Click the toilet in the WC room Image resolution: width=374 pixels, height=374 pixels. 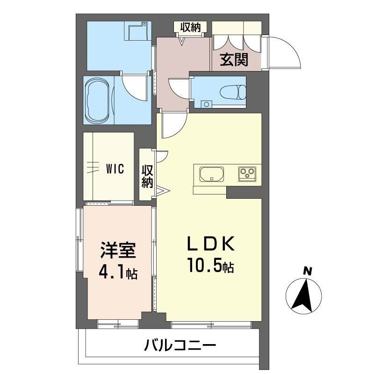point(233,92)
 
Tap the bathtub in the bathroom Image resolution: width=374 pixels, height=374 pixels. point(97,100)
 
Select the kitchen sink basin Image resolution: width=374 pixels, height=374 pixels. point(212,174)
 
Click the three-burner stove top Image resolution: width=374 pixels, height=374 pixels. point(247,173)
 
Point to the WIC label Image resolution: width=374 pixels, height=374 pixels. point(115,169)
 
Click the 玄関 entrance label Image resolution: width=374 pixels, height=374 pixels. point(234,60)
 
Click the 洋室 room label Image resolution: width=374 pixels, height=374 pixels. point(118,250)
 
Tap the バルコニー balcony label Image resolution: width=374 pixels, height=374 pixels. point(180,345)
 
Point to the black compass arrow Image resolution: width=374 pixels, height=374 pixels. point(303,296)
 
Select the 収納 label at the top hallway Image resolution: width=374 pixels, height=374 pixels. point(190,27)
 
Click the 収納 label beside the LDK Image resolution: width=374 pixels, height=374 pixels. point(147,177)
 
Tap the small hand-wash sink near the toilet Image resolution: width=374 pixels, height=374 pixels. point(207,104)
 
